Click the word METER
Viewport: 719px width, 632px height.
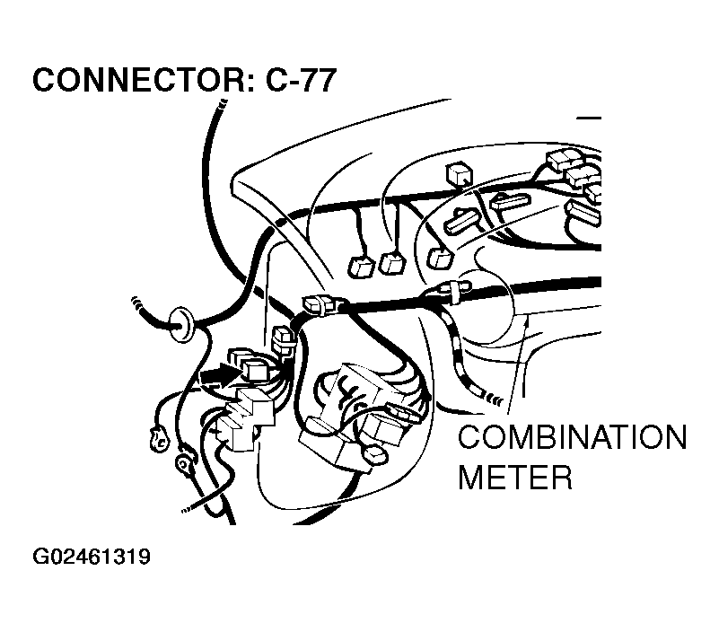click(x=514, y=476)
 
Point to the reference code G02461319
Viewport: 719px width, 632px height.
click(x=91, y=557)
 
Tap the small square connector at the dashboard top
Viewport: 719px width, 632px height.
click(x=458, y=172)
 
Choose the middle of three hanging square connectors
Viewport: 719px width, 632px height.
click(x=392, y=263)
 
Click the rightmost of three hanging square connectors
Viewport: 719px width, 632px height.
click(x=440, y=259)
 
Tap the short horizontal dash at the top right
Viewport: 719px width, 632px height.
click(x=589, y=118)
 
